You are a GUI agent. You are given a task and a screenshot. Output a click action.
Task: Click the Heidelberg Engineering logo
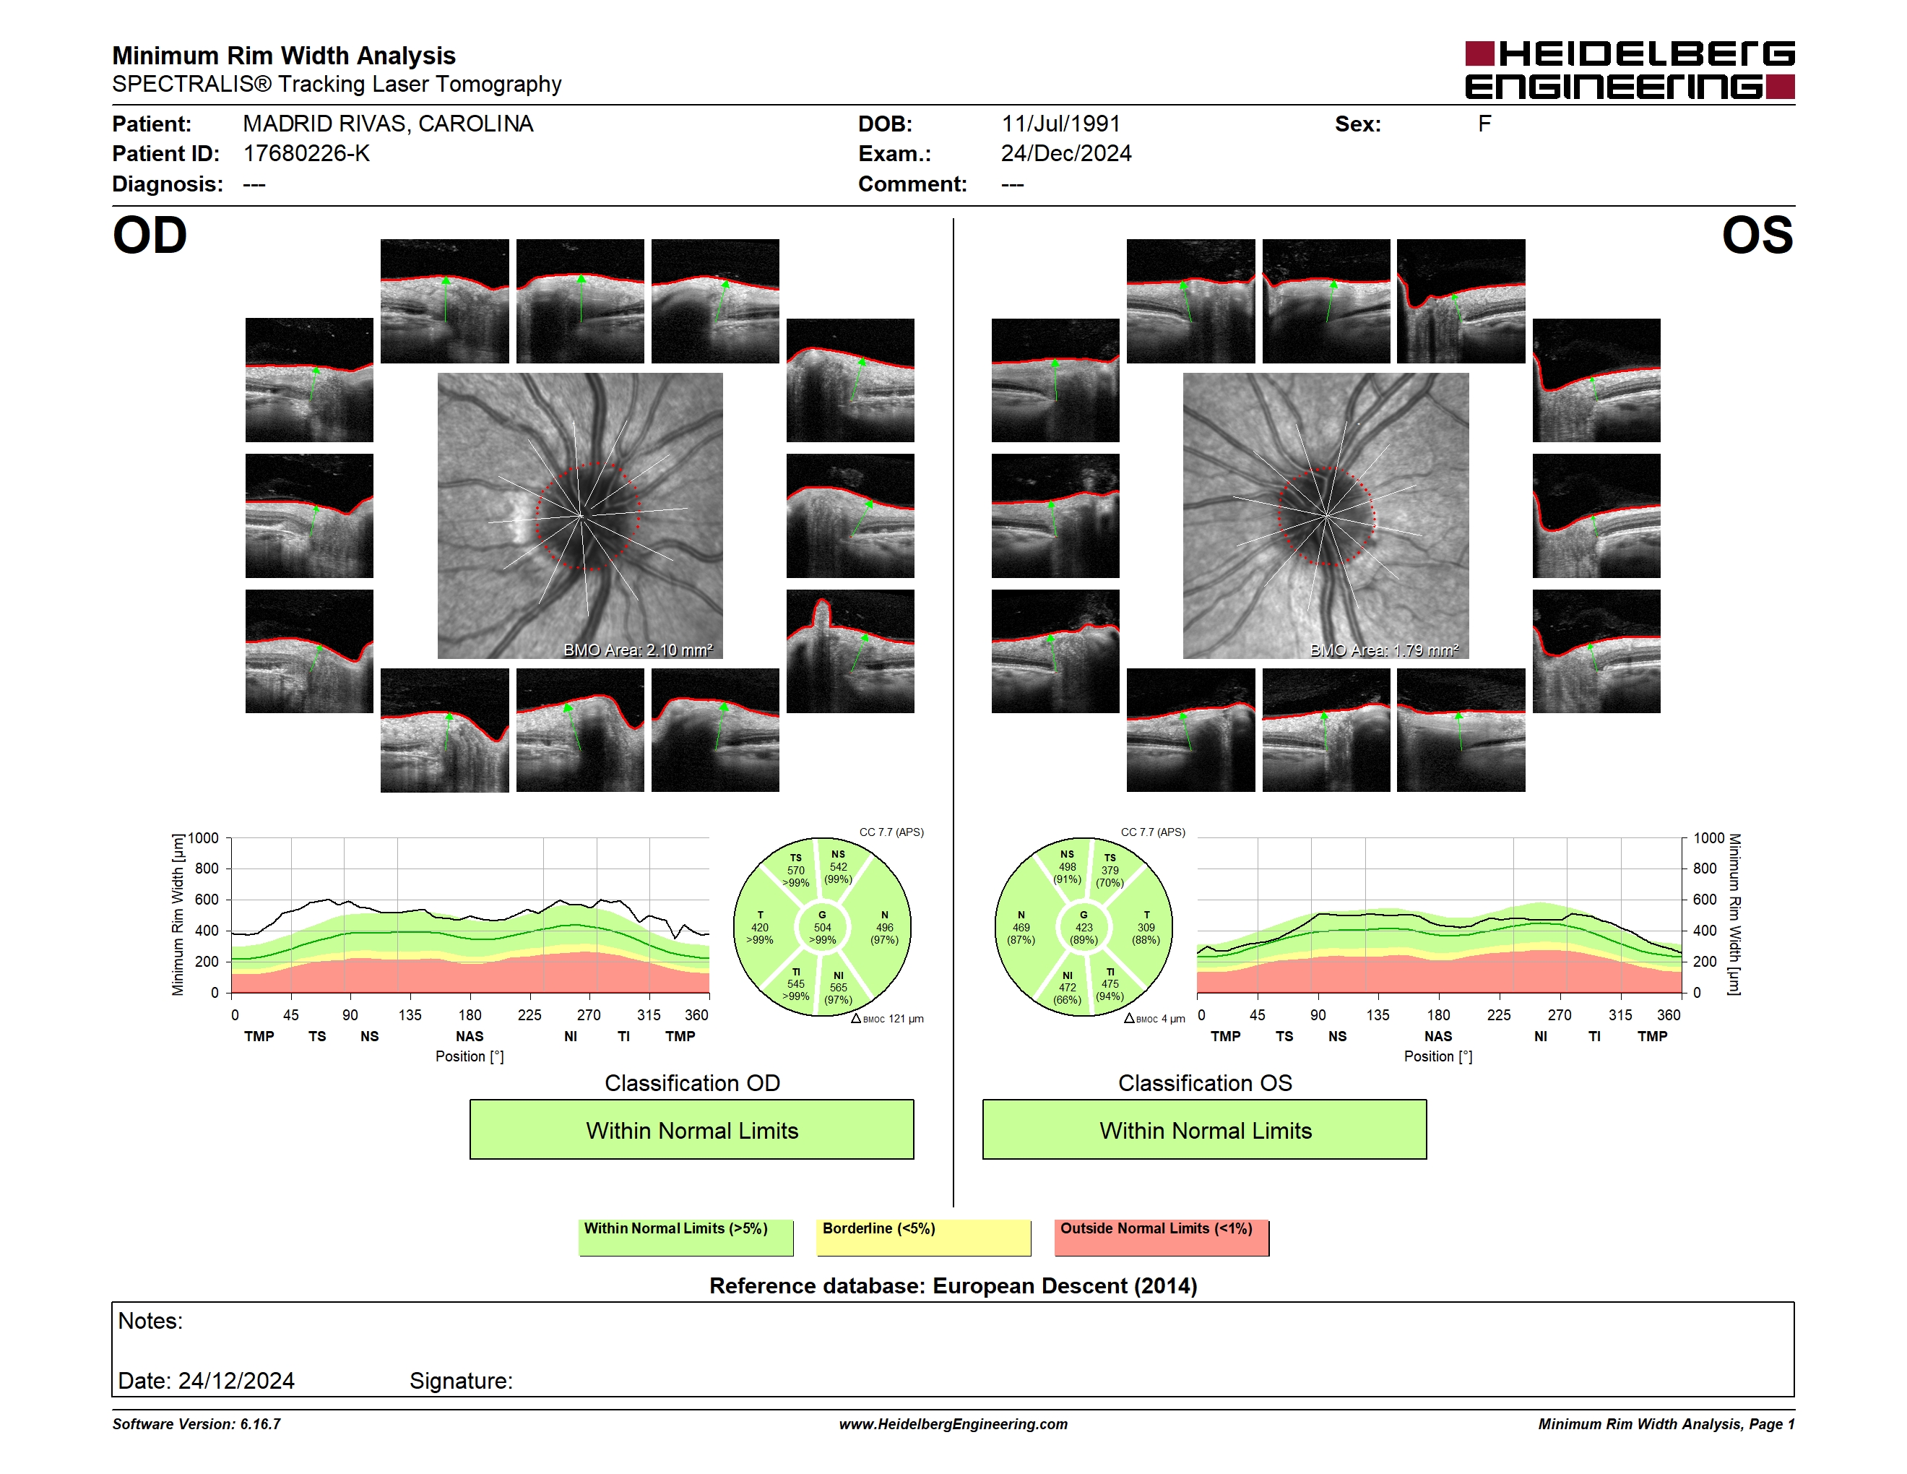(x=1630, y=70)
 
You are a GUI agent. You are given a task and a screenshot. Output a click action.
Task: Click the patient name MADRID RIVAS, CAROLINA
(x=388, y=124)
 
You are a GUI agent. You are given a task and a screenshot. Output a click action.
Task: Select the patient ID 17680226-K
(x=306, y=154)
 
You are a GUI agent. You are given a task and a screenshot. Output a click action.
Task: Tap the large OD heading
(x=150, y=236)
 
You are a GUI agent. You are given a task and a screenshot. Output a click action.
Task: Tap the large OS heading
(x=1757, y=236)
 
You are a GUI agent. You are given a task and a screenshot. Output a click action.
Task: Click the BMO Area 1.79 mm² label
(x=1384, y=650)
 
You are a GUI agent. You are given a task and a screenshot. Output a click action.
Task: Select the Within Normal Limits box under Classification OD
(x=691, y=1129)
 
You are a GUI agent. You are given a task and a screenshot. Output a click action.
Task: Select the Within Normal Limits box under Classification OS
(x=1205, y=1129)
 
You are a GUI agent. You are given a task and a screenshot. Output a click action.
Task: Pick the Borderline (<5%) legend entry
(x=924, y=1237)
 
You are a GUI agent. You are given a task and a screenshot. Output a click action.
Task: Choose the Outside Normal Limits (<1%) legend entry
(x=1162, y=1237)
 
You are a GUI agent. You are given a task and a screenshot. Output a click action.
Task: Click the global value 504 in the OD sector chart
(x=823, y=927)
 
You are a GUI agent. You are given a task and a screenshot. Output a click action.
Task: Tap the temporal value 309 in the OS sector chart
(x=1146, y=927)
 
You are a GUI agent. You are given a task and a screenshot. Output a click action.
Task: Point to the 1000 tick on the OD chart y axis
(x=204, y=838)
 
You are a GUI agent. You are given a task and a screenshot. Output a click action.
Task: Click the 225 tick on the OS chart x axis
(x=1498, y=1014)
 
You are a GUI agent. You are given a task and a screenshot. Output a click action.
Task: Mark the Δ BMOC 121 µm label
(x=887, y=1018)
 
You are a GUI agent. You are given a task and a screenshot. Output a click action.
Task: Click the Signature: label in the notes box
(x=461, y=1381)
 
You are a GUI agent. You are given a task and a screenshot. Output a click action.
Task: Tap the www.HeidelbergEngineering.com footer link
(x=953, y=1424)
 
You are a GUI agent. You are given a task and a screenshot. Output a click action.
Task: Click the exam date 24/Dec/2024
(x=1066, y=154)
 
